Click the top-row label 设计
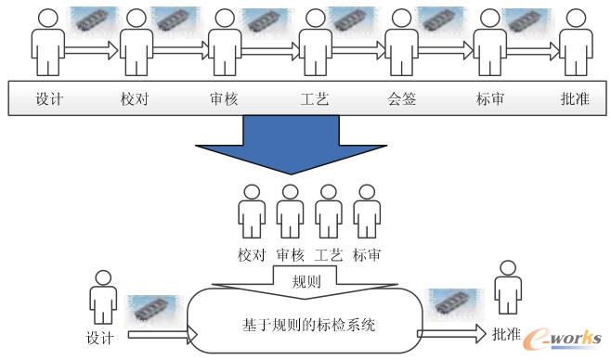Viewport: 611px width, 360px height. pos(49,99)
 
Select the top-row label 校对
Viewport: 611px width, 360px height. pos(136,99)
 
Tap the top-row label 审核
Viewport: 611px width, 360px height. pos(225,99)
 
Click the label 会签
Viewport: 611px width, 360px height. pos(401,99)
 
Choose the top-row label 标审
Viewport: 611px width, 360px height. pos(489,99)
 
